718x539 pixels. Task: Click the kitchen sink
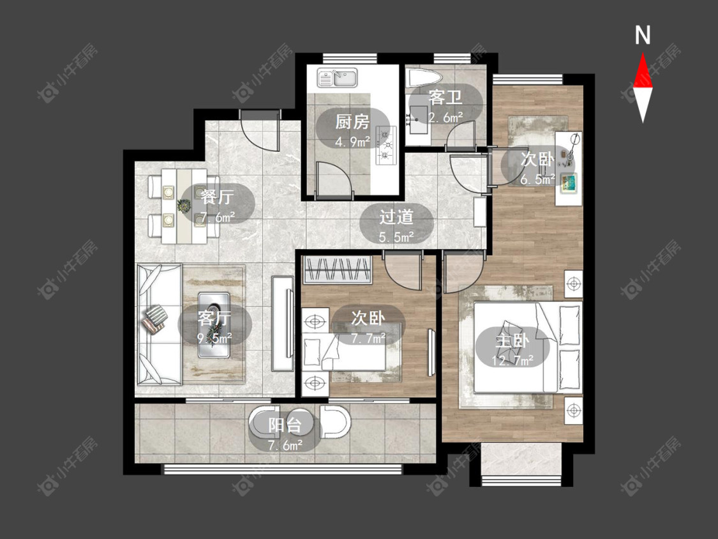coord(338,77)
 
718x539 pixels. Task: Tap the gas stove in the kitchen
coord(385,146)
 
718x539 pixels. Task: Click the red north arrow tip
coord(643,54)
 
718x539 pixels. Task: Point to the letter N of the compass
coord(643,35)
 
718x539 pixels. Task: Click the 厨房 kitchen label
coord(352,122)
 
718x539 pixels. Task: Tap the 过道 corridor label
coord(396,216)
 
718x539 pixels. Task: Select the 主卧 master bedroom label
coord(512,340)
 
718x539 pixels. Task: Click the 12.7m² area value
coord(512,361)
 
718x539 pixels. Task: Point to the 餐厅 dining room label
coord(217,197)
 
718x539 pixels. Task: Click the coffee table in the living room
coord(214,325)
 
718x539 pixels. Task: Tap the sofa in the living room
coord(160,324)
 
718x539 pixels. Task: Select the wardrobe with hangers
coord(338,269)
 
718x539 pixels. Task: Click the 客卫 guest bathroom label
coord(445,97)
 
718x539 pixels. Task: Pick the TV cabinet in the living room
coord(283,324)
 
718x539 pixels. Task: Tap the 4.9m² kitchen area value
coord(352,142)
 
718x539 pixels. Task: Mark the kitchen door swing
coord(334,181)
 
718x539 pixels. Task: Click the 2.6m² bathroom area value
coord(445,118)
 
